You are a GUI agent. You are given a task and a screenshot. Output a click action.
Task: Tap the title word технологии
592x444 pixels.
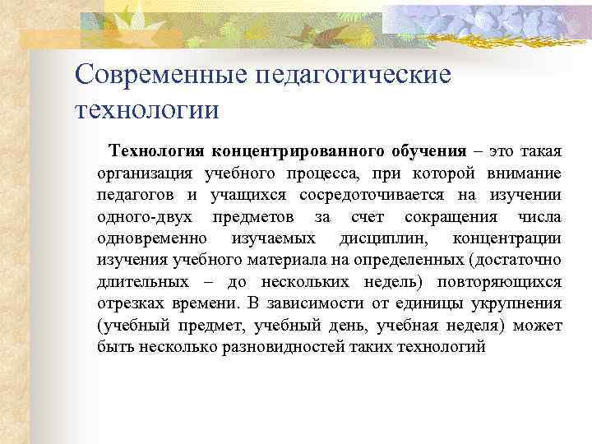147,109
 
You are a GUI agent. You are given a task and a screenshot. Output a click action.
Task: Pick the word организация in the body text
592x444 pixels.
145,173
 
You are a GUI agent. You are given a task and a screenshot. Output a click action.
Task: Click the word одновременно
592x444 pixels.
152,238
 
